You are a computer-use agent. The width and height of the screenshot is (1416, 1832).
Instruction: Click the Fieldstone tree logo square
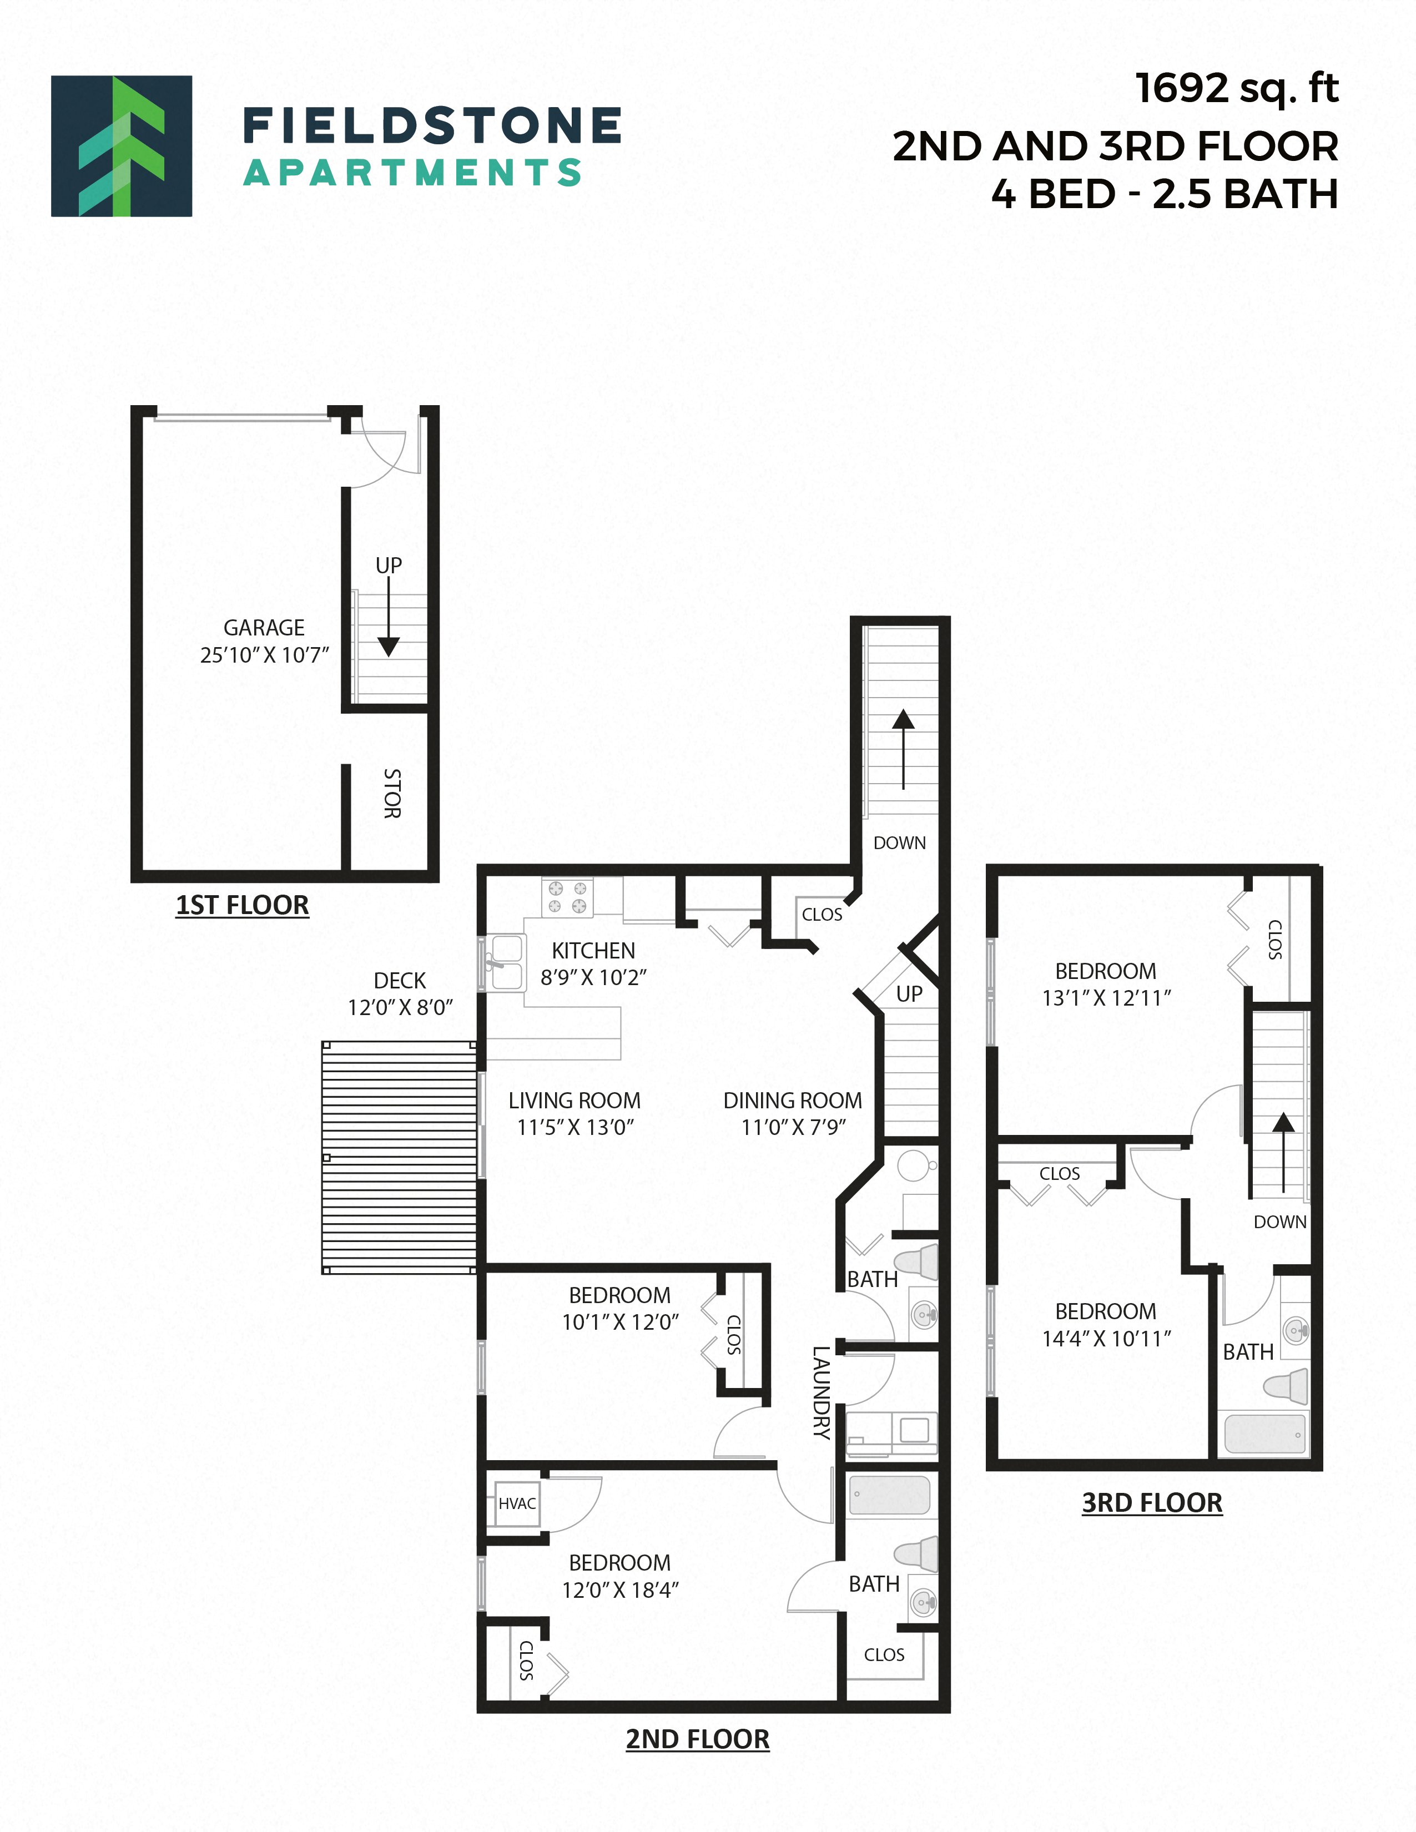coord(122,146)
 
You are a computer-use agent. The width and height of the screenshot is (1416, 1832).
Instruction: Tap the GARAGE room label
coord(264,628)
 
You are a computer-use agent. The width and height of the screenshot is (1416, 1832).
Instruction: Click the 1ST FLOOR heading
coord(243,905)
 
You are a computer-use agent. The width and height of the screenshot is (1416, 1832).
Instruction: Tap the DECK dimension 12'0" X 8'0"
coord(400,1007)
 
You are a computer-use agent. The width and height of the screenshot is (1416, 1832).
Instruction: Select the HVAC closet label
coord(517,1504)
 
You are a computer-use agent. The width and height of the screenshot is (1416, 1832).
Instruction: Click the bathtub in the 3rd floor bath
coord(1266,1435)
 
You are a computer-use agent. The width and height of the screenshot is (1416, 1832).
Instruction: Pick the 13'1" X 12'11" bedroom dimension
coord(1106,997)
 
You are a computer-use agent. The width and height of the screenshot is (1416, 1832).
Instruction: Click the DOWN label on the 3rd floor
coord(1279,1222)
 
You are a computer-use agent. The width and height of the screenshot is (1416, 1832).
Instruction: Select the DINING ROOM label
coord(792,1101)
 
